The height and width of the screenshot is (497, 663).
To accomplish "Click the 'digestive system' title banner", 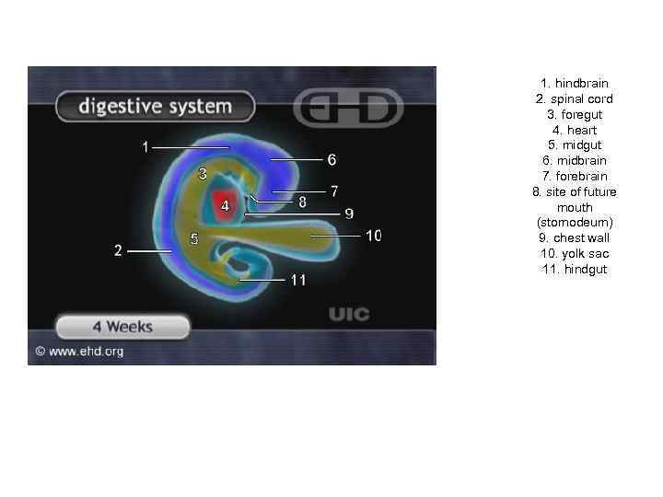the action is [154, 107].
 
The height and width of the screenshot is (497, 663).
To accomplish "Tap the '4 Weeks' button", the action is [122, 327].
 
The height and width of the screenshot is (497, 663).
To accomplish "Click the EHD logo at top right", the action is [347, 109].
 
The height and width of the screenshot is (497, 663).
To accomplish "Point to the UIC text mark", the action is [349, 315].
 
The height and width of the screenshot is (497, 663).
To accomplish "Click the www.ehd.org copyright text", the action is [79, 351].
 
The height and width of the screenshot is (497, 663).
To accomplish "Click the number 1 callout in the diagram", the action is [145, 146].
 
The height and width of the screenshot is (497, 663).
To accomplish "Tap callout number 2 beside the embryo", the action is [118, 250].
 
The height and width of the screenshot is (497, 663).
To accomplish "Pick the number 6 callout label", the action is [331, 159].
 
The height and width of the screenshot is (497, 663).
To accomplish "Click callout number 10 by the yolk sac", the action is [373, 236].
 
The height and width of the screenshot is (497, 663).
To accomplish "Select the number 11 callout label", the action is [297, 279].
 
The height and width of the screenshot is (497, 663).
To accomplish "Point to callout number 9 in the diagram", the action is [349, 214].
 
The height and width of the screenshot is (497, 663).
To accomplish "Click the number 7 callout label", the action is [334, 191].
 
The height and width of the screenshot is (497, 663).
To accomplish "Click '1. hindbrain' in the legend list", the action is [574, 84].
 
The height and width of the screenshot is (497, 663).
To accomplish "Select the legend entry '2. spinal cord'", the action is [574, 99].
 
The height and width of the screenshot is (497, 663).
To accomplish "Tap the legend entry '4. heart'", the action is [574, 130].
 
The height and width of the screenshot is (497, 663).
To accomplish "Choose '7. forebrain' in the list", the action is [574, 176].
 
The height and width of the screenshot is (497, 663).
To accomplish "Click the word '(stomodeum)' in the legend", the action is [574, 223].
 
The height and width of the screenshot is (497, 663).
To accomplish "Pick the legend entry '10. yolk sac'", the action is [574, 253].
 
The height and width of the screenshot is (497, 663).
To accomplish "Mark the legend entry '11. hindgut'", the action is [574, 269].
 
